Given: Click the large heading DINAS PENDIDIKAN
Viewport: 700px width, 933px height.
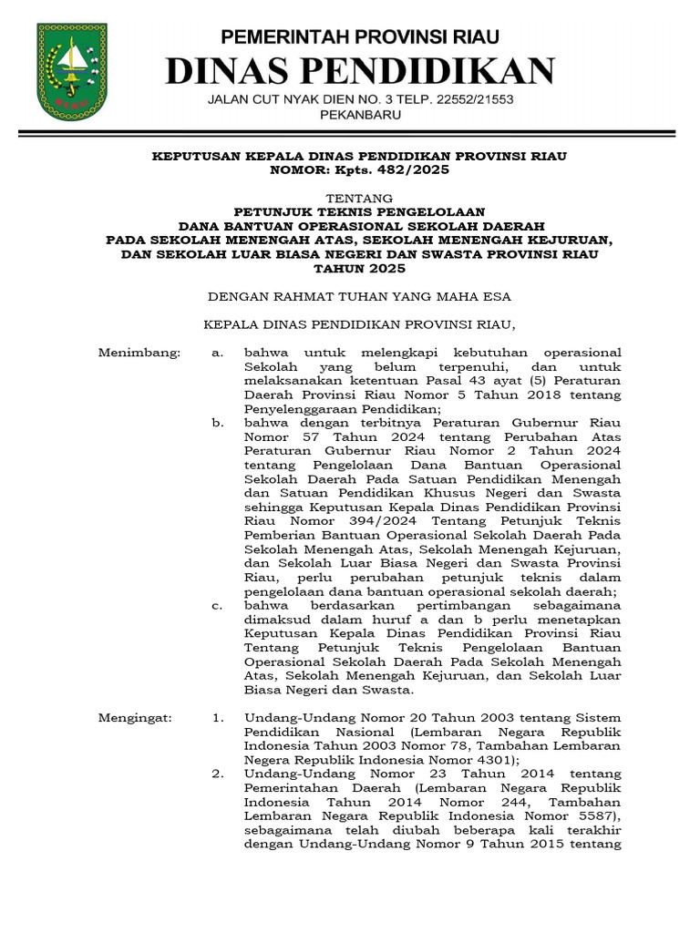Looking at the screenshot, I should coord(358,70).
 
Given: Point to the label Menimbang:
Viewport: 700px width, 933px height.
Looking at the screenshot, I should coord(140,352).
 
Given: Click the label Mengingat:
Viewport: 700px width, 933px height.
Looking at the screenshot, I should coord(135,719).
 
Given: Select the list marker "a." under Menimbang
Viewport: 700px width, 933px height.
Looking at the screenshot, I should coord(216,352).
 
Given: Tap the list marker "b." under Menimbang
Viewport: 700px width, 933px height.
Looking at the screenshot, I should coord(217,423).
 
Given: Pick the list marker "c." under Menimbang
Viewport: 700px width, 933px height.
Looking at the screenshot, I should coord(216,606).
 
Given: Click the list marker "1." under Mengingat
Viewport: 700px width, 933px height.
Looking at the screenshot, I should coord(217,719).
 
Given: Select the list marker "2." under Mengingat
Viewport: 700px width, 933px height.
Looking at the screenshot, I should coord(217,775).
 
